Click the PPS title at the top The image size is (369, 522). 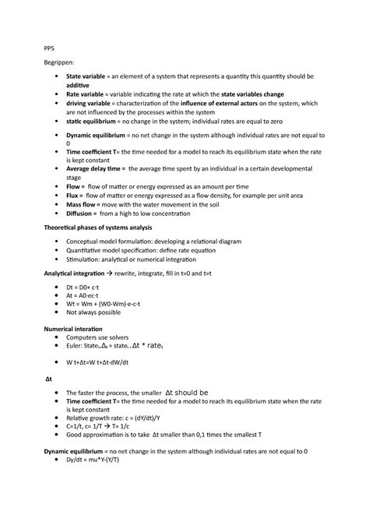49,46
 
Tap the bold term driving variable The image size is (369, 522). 93,104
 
